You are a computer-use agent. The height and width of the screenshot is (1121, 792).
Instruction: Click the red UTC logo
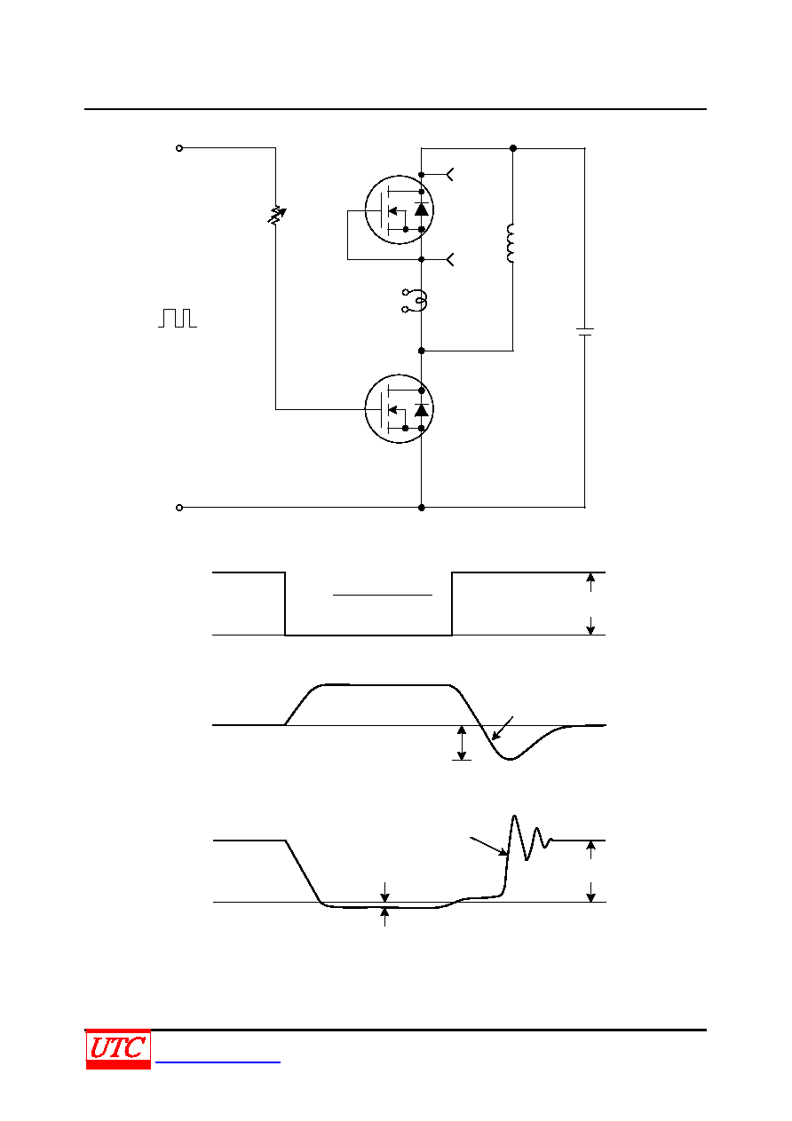pos(118,1049)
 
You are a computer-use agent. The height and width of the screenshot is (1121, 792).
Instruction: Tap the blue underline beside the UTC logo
pos(218,1062)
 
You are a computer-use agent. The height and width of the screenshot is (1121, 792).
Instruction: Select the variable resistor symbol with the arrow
pos(276,215)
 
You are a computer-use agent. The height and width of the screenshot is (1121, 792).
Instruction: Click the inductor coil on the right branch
pos(511,243)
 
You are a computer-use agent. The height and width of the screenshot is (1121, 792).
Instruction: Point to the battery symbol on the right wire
pos(585,332)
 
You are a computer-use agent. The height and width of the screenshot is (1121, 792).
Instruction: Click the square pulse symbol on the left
pos(178,319)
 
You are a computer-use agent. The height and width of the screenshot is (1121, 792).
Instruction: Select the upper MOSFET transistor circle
pos(399,210)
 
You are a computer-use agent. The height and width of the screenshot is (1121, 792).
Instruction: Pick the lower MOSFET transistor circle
pos(399,409)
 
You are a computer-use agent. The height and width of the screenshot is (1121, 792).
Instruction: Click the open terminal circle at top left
pos(179,148)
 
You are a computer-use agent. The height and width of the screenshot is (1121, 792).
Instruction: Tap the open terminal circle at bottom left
pos(179,508)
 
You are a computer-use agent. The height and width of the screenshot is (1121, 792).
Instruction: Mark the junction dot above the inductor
pos(513,148)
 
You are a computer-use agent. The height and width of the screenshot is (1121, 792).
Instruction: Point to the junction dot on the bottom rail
pos(422,508)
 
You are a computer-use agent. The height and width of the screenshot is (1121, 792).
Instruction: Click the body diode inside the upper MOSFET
pos(422,209)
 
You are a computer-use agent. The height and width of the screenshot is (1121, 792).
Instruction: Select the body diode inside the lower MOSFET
pos(422,410)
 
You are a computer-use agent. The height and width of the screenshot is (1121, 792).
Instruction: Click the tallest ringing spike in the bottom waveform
pos(514,817)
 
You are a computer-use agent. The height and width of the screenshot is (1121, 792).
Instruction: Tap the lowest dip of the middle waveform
pos(511,759)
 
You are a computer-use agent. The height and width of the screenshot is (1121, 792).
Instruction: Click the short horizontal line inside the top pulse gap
pos(383,595)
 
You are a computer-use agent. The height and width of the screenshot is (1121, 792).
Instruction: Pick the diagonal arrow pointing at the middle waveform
pos(503,728)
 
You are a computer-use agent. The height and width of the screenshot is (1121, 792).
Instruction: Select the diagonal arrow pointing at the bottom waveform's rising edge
pos(488,846)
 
